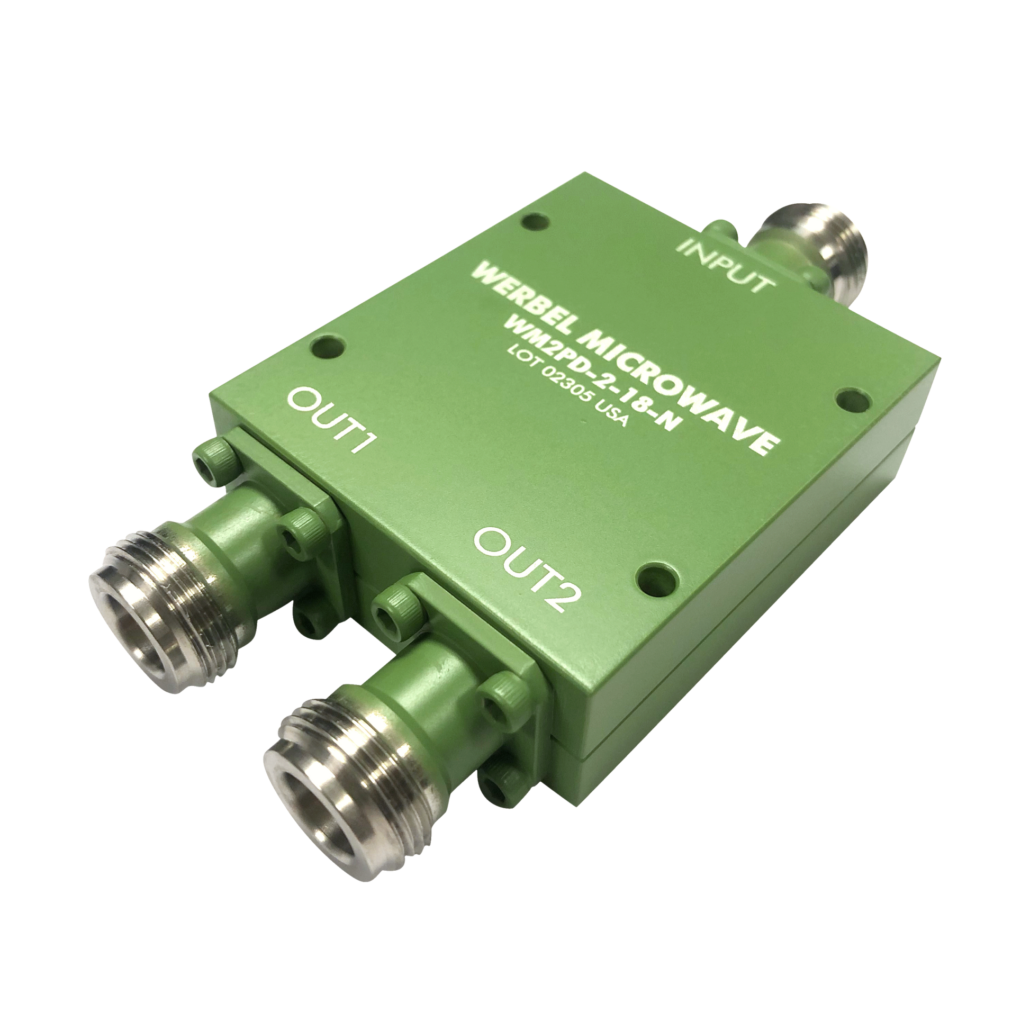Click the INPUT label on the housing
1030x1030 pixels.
click(725, 266)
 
